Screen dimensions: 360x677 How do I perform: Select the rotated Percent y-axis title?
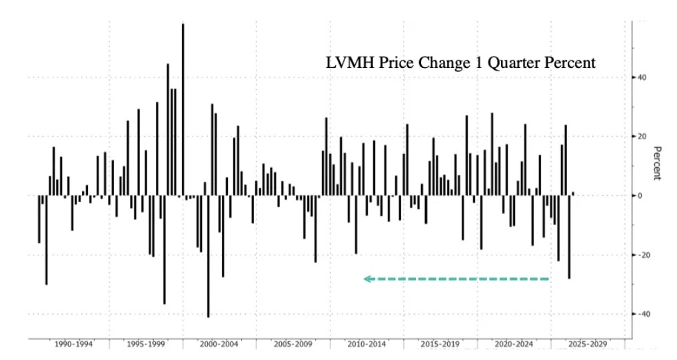tap(656, 163)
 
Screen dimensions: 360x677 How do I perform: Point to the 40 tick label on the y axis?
tap(642, 77)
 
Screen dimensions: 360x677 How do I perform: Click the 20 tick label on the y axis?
tap(642, 137)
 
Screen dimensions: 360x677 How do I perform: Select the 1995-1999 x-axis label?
tap(146, 344)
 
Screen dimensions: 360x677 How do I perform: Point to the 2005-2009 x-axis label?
tap(294, 344)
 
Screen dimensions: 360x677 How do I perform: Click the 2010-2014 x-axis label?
tap(367, 344)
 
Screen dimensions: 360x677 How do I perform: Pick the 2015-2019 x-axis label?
tap(440, 344)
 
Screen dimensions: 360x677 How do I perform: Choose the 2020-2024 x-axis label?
tap(514, 344)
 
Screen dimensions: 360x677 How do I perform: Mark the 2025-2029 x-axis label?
tap(587, 344)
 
